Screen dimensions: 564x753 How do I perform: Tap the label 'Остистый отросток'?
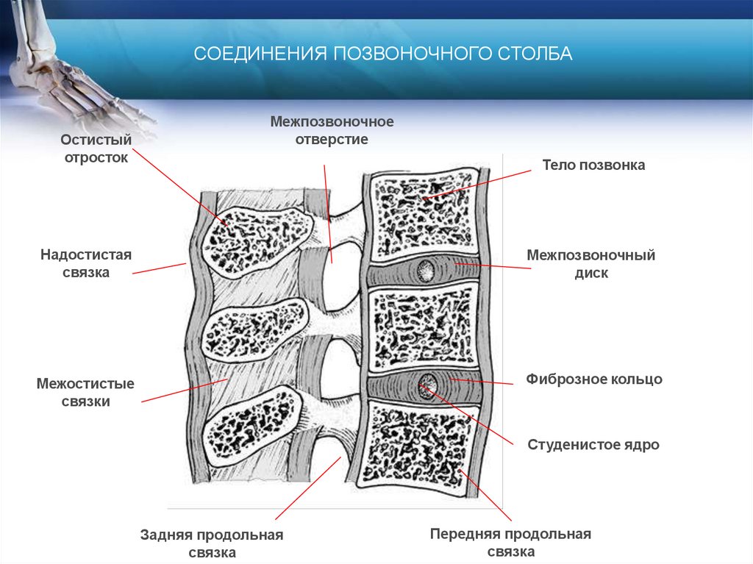[x=96, y=148]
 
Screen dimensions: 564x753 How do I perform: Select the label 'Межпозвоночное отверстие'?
[x=332, y=130]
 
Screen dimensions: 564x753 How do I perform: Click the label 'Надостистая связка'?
[x=85, y=263]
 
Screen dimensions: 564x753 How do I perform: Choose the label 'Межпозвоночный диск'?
[x=590, y=264]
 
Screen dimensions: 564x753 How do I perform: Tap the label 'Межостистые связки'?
[x=85, y=393]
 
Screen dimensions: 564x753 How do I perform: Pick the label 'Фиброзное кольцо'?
[x=594, y=379]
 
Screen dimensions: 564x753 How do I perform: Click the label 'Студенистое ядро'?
[x=593, y=445]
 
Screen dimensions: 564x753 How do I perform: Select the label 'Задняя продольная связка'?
[x=212, y=543]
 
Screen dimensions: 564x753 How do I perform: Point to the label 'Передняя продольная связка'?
[x=510, y=543]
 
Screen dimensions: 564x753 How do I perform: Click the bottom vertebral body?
[x=419, y=444]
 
